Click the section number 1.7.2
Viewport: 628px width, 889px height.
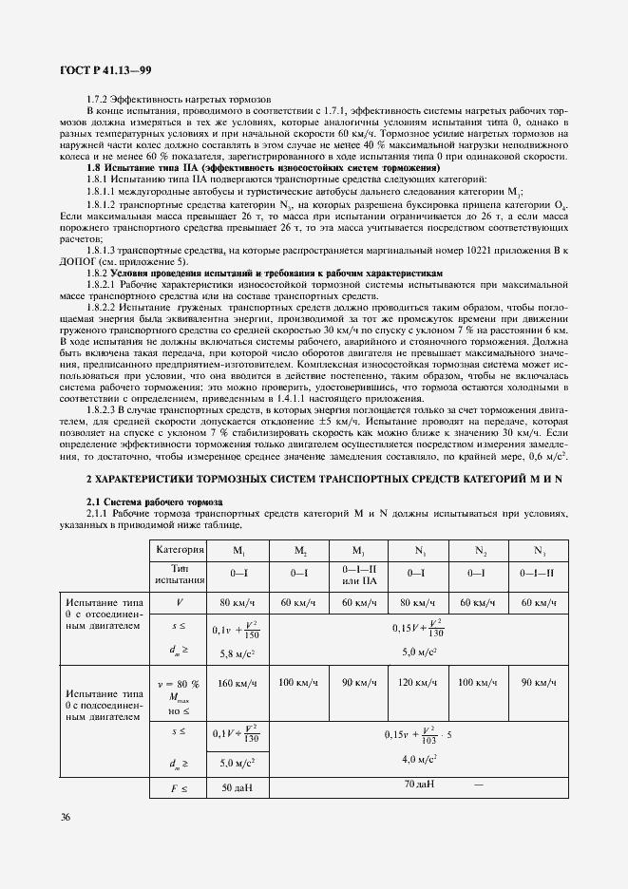pos(99,99)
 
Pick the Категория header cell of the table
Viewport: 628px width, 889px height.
pos(181,550)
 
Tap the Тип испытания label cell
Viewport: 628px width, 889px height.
pos(181,574)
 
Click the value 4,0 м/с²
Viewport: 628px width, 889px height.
pos(418,759)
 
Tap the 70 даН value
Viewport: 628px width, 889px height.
pos(418,785)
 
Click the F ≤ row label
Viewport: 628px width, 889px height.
pos(181,788)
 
